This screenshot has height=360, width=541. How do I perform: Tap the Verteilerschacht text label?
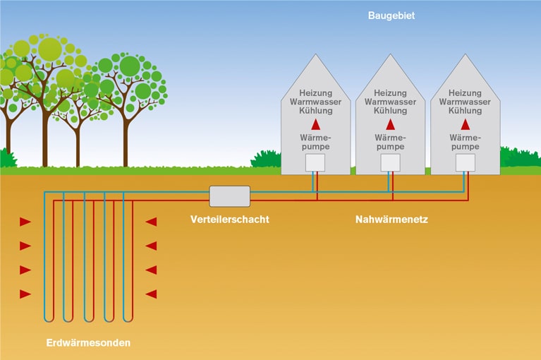coord(229,220)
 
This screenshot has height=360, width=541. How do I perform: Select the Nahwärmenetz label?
coord(391,220)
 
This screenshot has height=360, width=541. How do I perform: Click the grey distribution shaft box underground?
coord(229,196)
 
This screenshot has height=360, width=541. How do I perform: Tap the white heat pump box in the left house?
coord(315,163)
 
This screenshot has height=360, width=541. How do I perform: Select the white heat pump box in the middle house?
coord(390,163)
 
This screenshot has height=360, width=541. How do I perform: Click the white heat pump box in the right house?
coord(465,163)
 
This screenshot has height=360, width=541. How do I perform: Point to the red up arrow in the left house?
coord(315,124)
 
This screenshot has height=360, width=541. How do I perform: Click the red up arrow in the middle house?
coord(390,124)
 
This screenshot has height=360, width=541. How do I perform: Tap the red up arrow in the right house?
coord(465,124)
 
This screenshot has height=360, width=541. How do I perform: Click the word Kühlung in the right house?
coord(465,111)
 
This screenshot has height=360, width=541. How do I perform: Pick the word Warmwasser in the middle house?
coord(390,102)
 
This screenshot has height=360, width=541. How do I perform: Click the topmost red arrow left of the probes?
coord(25,222)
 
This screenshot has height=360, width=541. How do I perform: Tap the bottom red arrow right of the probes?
coord(150,294)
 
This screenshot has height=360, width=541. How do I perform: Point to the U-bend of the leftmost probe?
coord(48,317)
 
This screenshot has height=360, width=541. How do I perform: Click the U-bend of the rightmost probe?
coord(128,317)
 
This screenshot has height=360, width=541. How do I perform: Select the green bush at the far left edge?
coord(8,159)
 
